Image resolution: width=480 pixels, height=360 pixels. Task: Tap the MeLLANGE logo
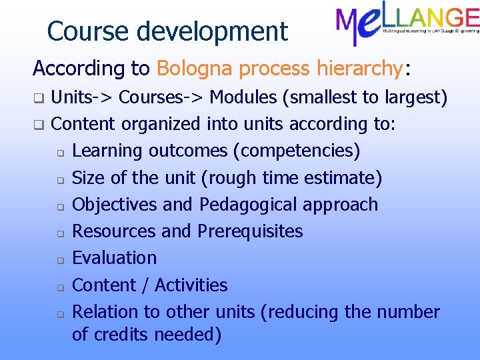pyautogui.click(x=407, y=25)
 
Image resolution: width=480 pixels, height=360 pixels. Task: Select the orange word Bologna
pyautogui.click(x=195, y=68)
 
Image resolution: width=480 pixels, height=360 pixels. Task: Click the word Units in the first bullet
pyautogui.click(x=71, y=98)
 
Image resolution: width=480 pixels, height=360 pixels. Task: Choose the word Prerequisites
pyautogui.click(x=250, y=231)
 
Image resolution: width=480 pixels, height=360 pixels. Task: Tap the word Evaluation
pyautogui.click(x=114, y=258)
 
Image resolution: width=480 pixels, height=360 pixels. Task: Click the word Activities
pyautogui.click(x=191, y=285)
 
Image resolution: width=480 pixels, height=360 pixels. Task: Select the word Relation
pyautogui.click(x=105, y=312)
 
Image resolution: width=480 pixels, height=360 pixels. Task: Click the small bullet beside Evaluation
pyautogui.click(x=59, y=259)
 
